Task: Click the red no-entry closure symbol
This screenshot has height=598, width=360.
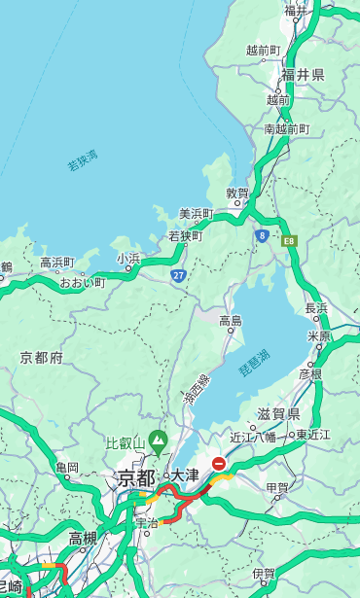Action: (x=220, y=464)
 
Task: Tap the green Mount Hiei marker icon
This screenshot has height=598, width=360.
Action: (x=158, y=444)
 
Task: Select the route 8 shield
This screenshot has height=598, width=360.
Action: (x=262, y=235)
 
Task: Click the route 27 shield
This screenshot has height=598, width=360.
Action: (x=178, y=276)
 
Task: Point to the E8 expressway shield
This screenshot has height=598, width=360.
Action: (x=289, y=239)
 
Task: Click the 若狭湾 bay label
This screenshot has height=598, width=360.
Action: (x=82, y=160)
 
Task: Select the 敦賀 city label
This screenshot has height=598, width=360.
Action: (x=238, y=194)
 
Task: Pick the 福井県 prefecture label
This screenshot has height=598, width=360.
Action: (x=304, y=75)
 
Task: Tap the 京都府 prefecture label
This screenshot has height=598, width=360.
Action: (x=42, y=358)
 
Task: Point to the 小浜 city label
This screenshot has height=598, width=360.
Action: (x=128, y=259)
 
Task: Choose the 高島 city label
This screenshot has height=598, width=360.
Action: (x=231, y=321)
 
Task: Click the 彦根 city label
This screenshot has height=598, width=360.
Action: (x=310, y=373)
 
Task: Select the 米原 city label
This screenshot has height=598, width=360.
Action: (x=319, y=336)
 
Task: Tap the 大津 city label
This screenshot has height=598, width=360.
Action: (x=185, y=475)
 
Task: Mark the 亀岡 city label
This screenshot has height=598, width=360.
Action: (x=67, y=468)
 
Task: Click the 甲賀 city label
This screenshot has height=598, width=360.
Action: (x=277, y=489)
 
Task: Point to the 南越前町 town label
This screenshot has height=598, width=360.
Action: (x=286, y=129)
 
